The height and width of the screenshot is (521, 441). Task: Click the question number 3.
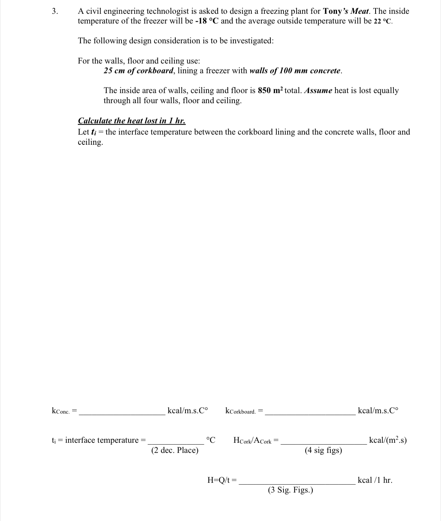(55, 11)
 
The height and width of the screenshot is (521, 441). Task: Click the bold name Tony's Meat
(346, 11)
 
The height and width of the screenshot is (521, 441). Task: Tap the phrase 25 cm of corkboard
(138, 71)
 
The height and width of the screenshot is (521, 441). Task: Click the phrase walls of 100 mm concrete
(295, 71)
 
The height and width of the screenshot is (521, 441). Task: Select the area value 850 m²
(270, 91)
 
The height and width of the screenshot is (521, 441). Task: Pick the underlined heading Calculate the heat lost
(132, 121)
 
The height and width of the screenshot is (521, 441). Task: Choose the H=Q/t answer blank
(297, 482)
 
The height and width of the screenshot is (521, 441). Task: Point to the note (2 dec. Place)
(175, 450)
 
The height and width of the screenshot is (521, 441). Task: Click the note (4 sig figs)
(323, 450)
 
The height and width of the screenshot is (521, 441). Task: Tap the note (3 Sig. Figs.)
(290, 490)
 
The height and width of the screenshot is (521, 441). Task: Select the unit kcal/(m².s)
(388, 440)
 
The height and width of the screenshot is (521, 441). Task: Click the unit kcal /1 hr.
(375, 480)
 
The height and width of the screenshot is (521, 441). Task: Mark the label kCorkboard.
(241, 411)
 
